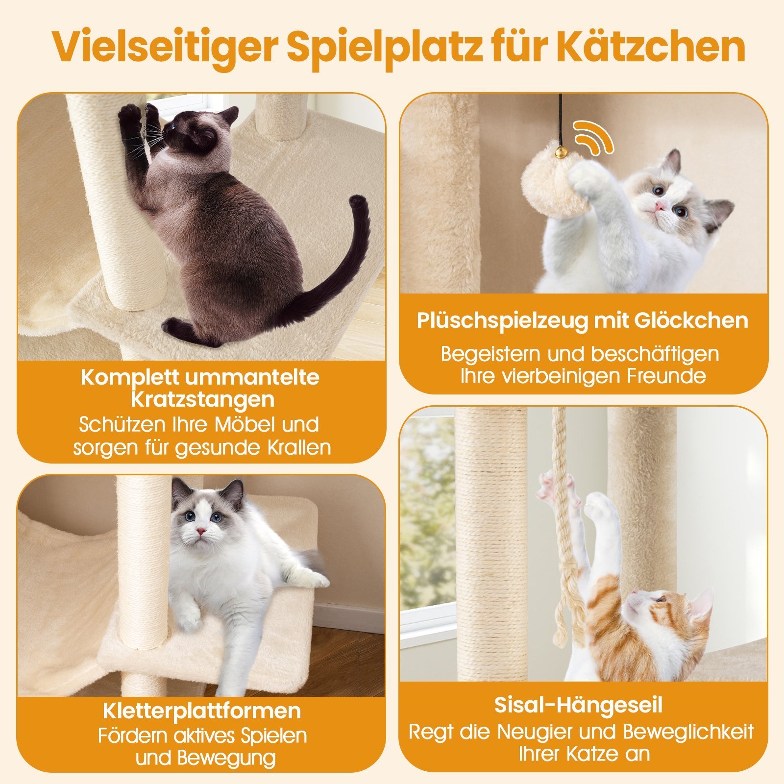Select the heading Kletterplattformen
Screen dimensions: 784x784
click(202, 711)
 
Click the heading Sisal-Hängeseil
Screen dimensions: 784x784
click(578, 706)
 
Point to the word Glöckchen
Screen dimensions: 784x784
click(691, 320)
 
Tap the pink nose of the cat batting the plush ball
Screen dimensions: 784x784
click(660, 206)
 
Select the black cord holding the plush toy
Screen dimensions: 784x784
click(560, 121)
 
